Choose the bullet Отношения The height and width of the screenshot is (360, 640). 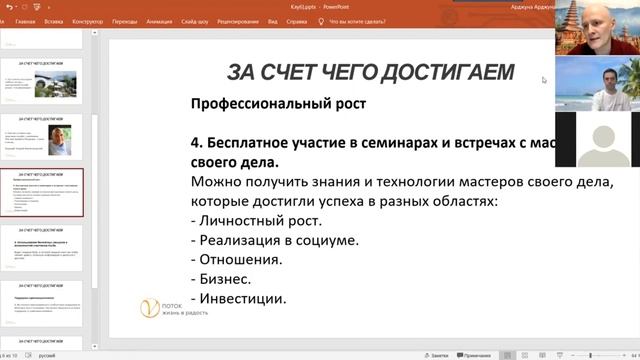[249, 259]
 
